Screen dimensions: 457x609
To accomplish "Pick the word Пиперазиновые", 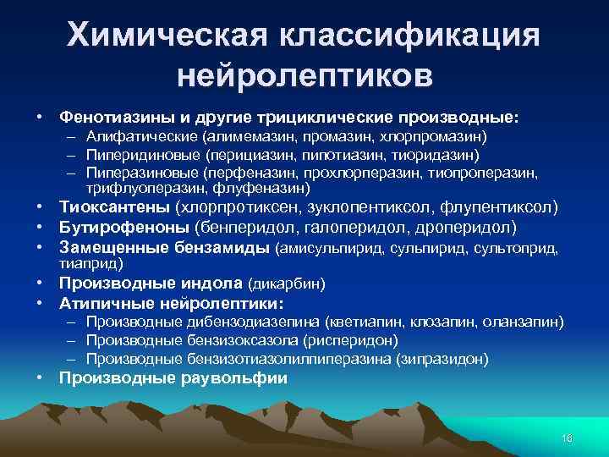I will point(136,173).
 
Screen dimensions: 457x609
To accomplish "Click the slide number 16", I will point(567,437).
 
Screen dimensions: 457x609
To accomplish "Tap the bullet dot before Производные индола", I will point(40,283).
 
